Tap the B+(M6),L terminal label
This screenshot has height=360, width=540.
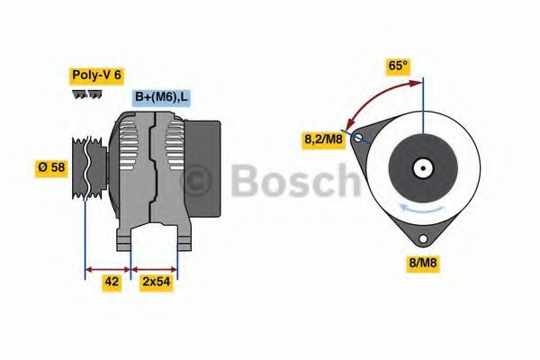tap(162, 97)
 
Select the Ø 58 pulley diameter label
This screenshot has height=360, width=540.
tap(52, 167)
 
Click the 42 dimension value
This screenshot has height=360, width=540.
tap(112, 281)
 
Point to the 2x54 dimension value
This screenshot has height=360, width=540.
tap(156, 281)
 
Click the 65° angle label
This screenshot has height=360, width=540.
tap(397, 66)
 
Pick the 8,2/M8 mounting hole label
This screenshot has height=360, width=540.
tap(322, 139)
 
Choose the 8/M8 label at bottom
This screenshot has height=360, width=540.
tap(424, 264)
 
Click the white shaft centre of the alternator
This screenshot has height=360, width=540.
tap(422, 168)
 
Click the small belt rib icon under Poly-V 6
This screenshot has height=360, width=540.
tap(87, 94)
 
